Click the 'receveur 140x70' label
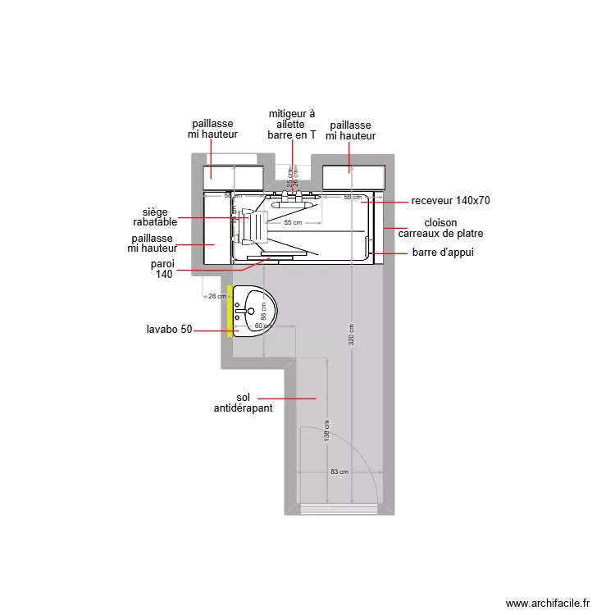(450, 201)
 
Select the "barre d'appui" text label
(443, 253)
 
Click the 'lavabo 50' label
(170, 330)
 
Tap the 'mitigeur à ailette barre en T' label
(291, 125)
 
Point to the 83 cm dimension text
(339, 471)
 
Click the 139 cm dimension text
(326, 433)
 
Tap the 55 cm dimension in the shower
(293, 223)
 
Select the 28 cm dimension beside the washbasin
(216, 297)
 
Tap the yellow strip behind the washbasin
(230, 311)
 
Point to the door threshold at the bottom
(339, 509)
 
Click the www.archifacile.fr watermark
(548, 603)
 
